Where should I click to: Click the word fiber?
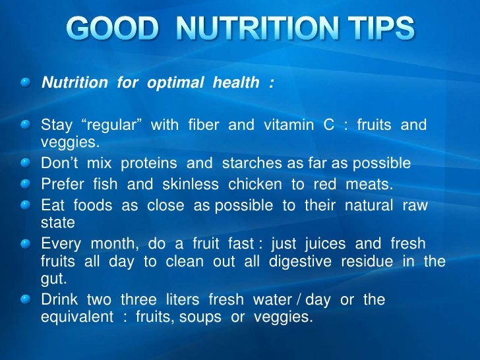pos(199,125)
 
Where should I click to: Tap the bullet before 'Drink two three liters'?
pos(25,300)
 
